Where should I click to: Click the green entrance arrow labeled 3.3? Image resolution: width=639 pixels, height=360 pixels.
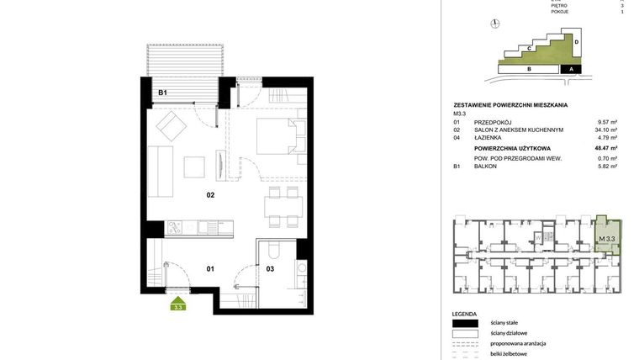(178, 304)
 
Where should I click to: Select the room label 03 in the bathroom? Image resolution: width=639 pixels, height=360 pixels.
(270, 269)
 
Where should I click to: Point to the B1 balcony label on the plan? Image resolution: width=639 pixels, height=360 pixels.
(163, 93)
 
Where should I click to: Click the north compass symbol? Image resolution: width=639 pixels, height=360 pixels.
(497, 25)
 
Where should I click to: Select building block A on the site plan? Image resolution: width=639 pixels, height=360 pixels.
(571, 70)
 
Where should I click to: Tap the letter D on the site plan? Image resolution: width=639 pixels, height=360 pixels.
(578, 40)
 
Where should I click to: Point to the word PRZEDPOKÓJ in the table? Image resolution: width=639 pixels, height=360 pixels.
(494, 122)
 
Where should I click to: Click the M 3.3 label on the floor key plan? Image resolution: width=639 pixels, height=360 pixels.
(606, 239)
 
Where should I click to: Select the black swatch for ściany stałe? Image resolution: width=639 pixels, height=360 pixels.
(464, 323)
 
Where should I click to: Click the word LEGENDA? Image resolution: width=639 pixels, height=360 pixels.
(464, 312)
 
